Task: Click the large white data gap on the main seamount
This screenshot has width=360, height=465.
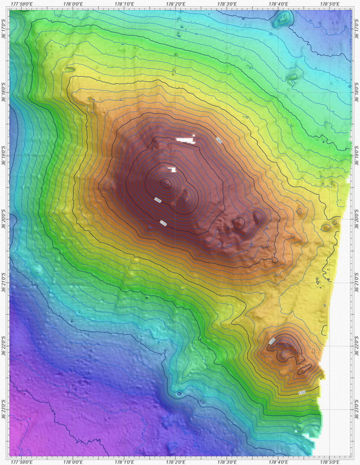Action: pos(187,140)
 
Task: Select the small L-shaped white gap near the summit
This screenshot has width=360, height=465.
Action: pos(172,170)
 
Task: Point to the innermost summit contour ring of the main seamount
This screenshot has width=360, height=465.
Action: pos(165,183)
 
